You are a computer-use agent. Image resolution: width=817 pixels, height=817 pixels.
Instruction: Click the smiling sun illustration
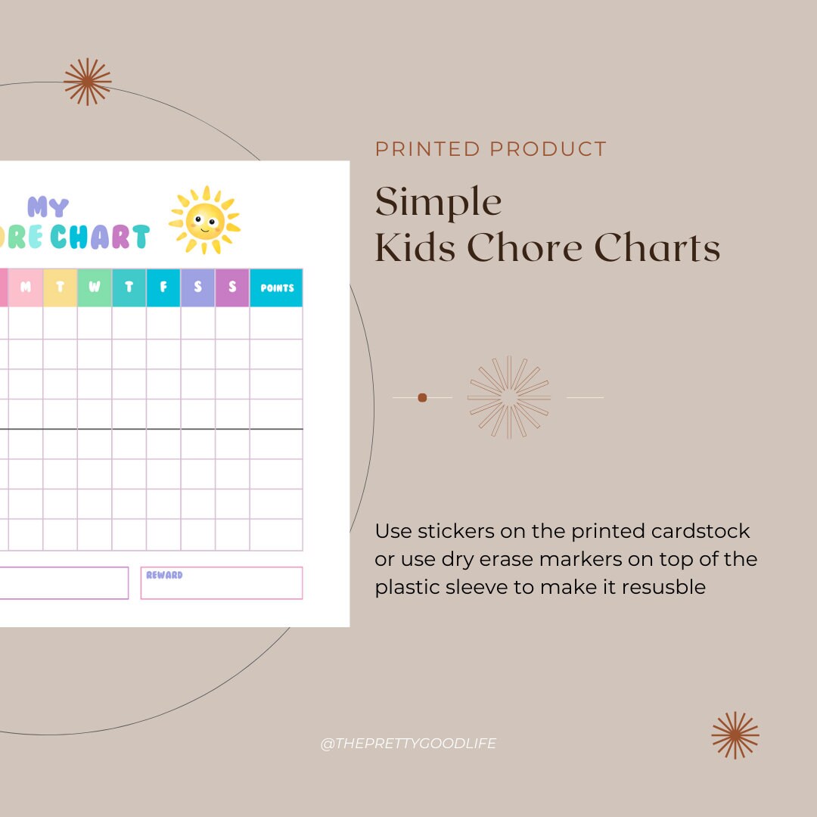coord(204,220)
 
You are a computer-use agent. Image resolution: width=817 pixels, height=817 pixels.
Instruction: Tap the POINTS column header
coord(276,287)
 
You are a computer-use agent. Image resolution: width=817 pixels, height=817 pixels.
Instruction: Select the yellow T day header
coord(60,287)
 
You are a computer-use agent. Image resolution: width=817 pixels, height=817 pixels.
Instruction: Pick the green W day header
coord(95,287)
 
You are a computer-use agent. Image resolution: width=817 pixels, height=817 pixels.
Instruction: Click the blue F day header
coord(163,287)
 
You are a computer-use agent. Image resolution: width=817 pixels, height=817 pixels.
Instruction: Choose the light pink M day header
coord(26,287)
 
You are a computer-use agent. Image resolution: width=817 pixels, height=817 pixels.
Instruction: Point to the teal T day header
coord(129,287)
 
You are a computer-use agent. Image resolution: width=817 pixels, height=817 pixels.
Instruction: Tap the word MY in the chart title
coord(48,207)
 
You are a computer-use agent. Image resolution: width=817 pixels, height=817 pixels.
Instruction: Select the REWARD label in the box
coord(164,576)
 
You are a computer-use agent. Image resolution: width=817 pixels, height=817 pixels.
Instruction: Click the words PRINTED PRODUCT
coord(491,149)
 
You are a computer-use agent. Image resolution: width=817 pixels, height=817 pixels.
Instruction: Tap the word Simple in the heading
coord(439,202)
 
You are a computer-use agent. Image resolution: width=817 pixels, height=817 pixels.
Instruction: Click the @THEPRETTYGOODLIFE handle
coord(408,744)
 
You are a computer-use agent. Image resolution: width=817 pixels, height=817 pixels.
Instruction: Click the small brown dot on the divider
coord(422,397)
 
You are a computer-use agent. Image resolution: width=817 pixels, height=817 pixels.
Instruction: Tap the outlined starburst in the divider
coord(509,397)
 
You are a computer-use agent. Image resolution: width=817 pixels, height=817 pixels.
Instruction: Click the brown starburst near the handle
coord(735,735)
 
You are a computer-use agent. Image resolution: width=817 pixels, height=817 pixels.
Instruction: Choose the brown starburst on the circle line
coord(88,82)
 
